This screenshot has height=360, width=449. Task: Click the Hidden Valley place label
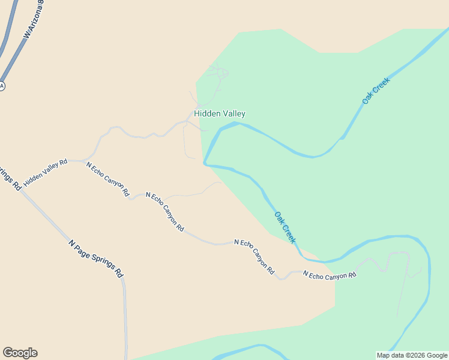click(219, 113)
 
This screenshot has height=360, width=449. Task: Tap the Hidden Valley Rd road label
click(46, 172)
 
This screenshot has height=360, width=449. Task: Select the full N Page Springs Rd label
click(97, 258)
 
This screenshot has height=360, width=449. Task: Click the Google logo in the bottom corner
click(20, 353)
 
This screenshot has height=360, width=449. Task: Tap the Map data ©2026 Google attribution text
click(412, 355)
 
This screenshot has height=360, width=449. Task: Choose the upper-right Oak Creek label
click(376, 91)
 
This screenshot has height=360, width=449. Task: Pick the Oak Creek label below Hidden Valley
click(285, 227)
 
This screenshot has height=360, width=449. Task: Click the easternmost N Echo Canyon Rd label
click(330, 275)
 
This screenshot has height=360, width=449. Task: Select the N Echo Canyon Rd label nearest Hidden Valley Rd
click(107, 179)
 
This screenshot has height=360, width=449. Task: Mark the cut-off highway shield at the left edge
click(2, 86)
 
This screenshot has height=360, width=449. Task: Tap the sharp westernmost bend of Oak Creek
click(205, 163)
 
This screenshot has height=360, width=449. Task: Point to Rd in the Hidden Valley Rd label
click(62, 163)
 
